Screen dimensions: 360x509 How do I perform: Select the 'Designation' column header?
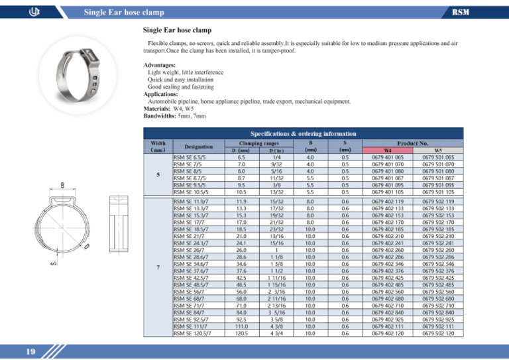pos(198,146)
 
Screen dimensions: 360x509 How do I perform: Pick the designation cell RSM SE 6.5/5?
pos(190,158)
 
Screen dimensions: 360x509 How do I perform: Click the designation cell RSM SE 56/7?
pos(188,290)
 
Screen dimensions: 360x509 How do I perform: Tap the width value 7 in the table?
pos(157,268)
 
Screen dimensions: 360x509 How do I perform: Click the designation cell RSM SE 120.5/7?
pos(192,333)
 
